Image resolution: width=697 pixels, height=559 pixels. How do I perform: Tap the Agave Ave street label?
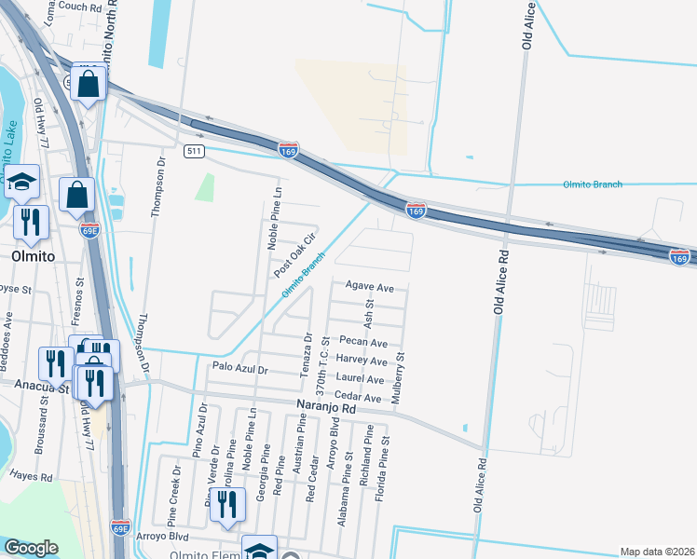point(370,285)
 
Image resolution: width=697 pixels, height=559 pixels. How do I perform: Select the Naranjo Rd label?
point(327,408)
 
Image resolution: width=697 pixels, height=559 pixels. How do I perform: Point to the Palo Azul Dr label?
point(239,370)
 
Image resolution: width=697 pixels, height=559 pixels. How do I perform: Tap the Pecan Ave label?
point(363,343)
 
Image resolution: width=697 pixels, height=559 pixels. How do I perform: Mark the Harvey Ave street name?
point(362,361)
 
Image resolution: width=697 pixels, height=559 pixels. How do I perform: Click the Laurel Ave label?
point(361,380)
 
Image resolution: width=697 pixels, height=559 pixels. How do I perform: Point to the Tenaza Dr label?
point(305,355)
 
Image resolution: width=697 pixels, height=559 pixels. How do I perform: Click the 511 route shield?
point(194,151)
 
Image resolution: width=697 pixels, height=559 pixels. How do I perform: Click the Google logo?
point(32,548)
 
